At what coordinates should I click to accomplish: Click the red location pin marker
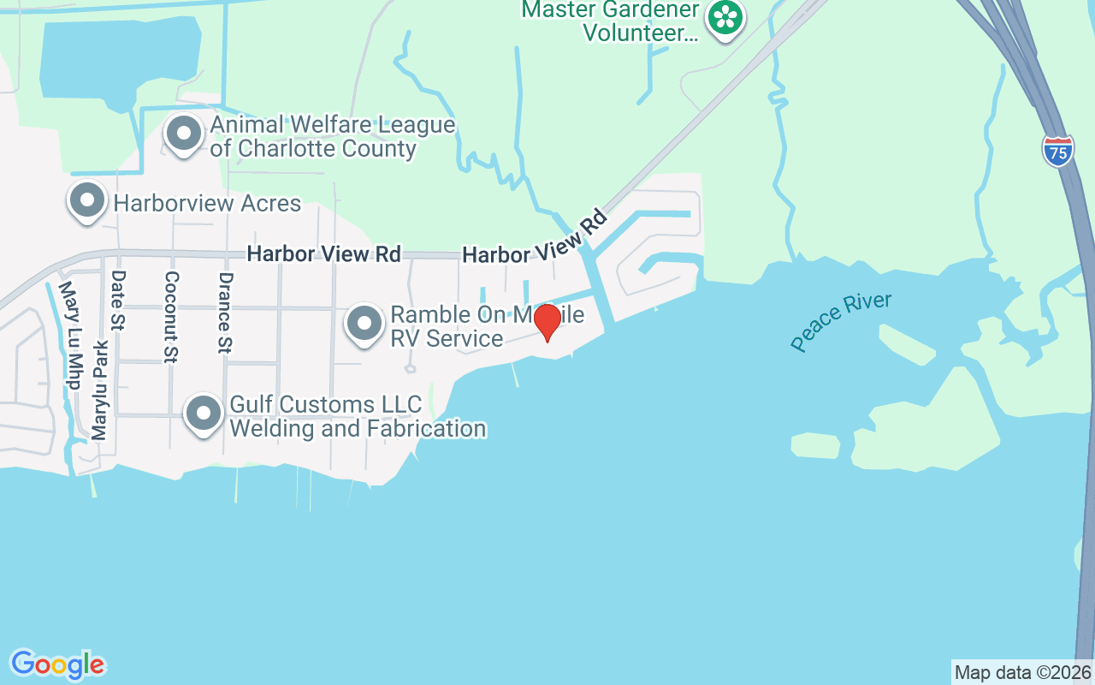pyautogui.click(x=547, y=322)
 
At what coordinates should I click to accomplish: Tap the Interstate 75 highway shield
pyautogui.click(x=1058, y=151)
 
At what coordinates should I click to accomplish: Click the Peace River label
pyautogui.click(x=841, y=322)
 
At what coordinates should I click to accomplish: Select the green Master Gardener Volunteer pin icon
pyautogui.click(x=725, y=16)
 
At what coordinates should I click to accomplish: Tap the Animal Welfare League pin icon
pyautogui.click(x=183, y=133)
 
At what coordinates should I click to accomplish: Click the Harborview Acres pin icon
pyautogui.click(x=86, y=200)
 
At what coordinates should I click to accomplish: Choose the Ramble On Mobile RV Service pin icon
pyautogui.click(x=365, y=324)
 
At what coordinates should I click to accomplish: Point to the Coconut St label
pyautogui.click(x=171, y=316)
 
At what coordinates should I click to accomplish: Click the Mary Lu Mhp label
pyautogui.click(x=72, y=337)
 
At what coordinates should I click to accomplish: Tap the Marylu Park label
pyautogui.click(x=100, y=390)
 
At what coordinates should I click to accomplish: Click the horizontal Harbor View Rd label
pyautogui.click(x=323, y=254)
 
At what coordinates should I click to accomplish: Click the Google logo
pyautogui.click(x=57, y=664)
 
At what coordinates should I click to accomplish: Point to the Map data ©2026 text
pyautogui.click(x=1022, y=672)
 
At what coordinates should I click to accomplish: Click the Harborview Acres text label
pyautogui.click(x=207, y=203)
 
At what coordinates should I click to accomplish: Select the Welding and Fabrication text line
pyautogui.click(x=358, y=428)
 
